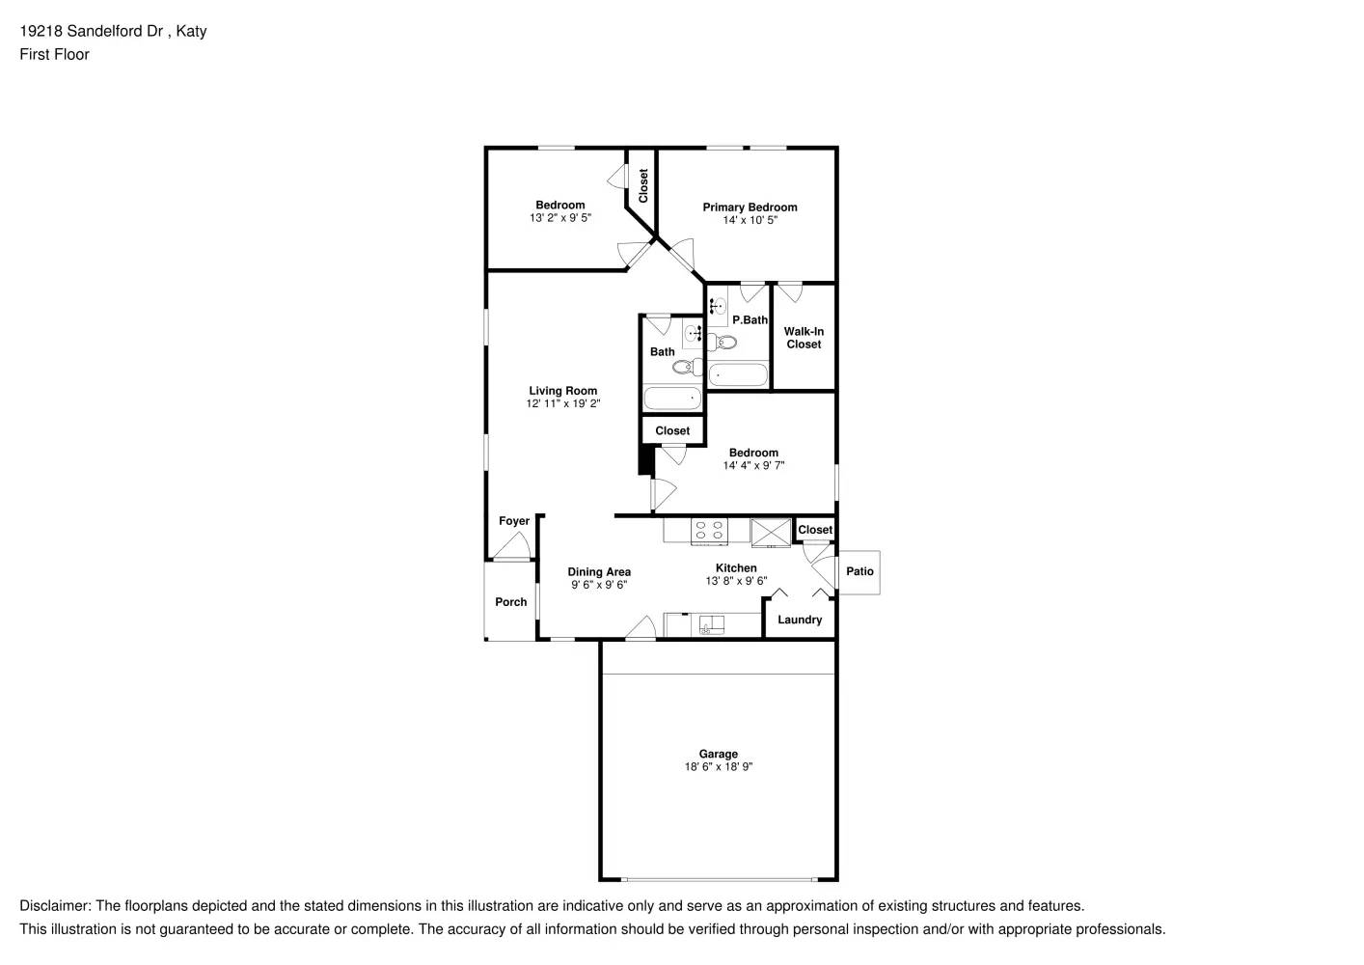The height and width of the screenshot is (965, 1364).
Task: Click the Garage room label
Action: click(x=718, y=754)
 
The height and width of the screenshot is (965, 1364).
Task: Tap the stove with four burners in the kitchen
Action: click(x=710, y=530)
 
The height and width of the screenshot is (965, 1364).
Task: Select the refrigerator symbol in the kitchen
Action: click(x=771, y=532)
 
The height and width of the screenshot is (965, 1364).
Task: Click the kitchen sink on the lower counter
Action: click(x=712, y=624)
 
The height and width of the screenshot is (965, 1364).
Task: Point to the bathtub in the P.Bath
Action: click(x=738, y=374)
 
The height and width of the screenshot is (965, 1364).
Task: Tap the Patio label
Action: click(x=859, y=571)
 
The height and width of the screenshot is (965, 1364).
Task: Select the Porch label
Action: click(x=510, y=602)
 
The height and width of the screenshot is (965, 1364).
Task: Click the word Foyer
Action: click(x=513, y=521)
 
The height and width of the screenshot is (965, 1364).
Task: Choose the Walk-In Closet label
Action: click(x=804, y=338)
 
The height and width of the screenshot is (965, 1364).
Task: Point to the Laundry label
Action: click(x=800, y=620)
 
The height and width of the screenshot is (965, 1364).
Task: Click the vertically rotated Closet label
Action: click(x=643, y=186)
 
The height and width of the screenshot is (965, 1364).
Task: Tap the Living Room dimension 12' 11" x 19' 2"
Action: click(x=562, y=404)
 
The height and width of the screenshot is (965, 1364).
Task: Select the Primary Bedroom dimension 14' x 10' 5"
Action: click(x=750, y=220)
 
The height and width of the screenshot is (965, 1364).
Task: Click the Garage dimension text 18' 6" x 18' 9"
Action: click(x=718, y=767)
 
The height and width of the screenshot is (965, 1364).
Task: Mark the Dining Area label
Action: click(x=599, y=572)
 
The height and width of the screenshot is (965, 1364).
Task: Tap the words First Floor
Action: click(x=54, y=54)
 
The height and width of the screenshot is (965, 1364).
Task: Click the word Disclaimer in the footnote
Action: click(x=54, y=906)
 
